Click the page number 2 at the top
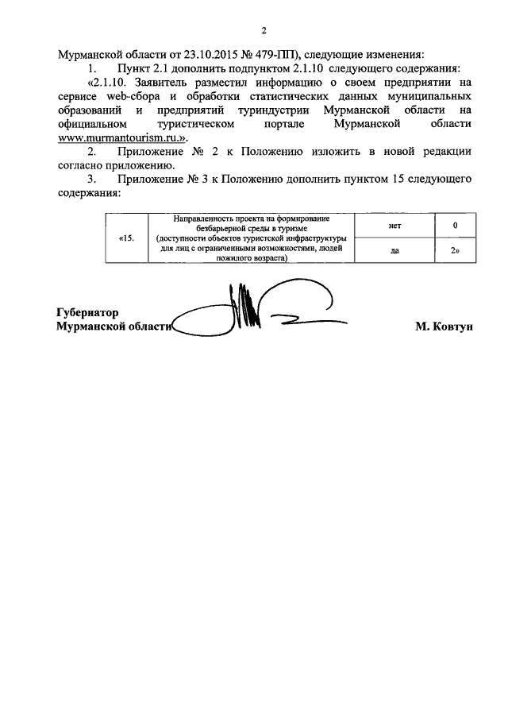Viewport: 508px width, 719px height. [264, 31]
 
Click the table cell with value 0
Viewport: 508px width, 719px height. [456, 226]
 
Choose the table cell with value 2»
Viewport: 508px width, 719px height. [456, 249]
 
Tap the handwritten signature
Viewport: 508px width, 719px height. [254, 314]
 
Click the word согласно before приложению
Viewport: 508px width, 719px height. [82, 165]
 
